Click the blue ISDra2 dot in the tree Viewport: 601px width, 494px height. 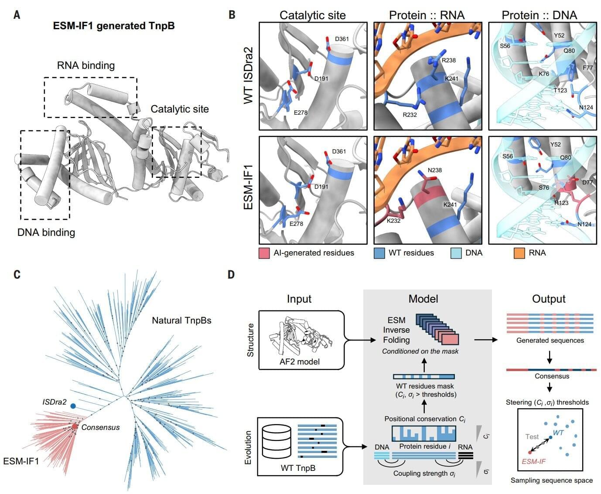pyautogui.click(x=73, y=406)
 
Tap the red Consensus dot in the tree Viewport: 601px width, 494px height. pyautogui.click(x=75, y=426)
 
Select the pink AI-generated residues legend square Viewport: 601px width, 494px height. pyautogui.click(x=264, y=253)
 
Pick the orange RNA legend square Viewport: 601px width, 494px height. pyautogui.click(x=519, y=253)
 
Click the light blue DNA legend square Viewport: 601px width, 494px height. pyautogui.click(x=456, y=253)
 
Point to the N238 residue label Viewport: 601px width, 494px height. pyautogui.click(x=434, y=170)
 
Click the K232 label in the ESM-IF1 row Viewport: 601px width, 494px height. pyautogui.click(x=393, y=221)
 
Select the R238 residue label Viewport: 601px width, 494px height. pyautogui.click(x=448, y=61)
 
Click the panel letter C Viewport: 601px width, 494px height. pyautogui.click(x=17, y=274)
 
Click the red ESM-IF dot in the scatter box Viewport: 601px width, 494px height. pyautogui.click(x=530, y=452)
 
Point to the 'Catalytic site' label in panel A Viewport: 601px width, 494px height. pyautogui.click(x=180, y=109)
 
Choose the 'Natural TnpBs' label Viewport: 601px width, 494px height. pyautogui.click(x=181, y=320)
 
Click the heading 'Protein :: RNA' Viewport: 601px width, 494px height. pyautogui.click(x=427, y=15)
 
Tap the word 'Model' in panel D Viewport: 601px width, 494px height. pyautogui.click(x=423, y=299)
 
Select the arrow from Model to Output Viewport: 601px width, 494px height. pyautogui.click(x=486, y=340)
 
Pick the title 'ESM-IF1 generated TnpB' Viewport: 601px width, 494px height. pyautogui.click(x=114, y=26)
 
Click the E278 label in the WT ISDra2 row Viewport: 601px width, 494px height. pyautogui.click(x=300, y=112)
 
